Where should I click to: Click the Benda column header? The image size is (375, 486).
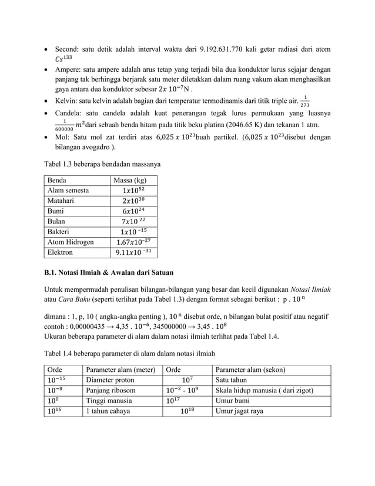[x=58, y=179]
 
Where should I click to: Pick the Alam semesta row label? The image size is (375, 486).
[x=68, y=191]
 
